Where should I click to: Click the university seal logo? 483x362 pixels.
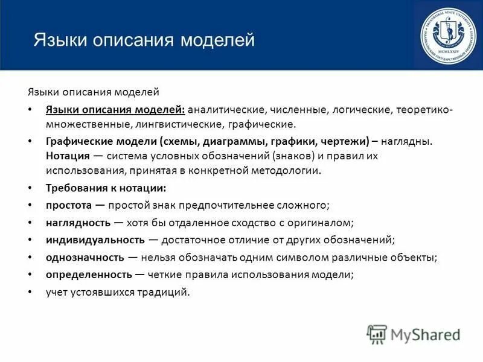[447, 35]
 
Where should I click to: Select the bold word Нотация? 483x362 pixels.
[66, 156]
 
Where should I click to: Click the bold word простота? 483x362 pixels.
[68, 205]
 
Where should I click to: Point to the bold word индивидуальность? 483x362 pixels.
[95, 240]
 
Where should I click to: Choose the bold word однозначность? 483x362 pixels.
[85, 257]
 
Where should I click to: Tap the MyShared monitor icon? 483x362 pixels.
[377, 334]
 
